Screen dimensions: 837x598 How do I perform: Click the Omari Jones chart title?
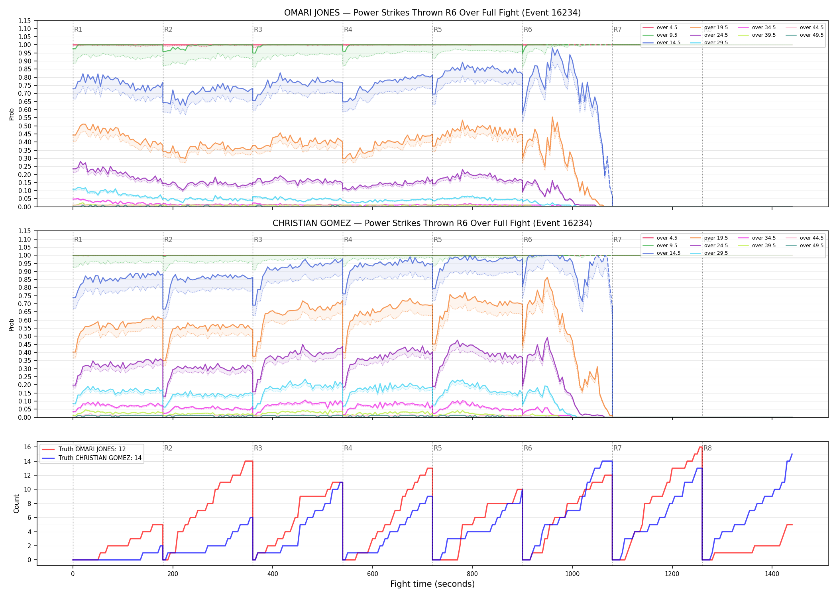coord(432,13)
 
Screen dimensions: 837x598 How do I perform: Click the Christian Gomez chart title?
coord(432,223)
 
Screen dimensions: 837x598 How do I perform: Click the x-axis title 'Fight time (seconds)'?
coord(432,584)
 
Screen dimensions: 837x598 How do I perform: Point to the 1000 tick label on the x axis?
coord(572,574)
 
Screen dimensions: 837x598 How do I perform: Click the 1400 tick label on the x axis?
coord(772,574)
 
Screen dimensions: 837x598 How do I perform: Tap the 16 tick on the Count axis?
coord(28,447)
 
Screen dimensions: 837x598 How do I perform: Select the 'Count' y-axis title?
coord(16,504)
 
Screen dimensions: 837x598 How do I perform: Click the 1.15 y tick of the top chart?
coord(25,21)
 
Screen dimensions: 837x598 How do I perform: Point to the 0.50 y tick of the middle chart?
coord(25,336)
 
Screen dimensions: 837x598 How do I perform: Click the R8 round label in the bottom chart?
coord(707,448)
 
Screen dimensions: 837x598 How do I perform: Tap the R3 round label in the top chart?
coord(258,30)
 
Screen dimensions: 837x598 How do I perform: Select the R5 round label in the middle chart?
coord(438,240)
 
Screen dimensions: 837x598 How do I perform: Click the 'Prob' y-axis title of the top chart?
coord(12,114)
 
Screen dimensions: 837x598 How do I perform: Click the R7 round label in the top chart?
coord(617,30)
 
